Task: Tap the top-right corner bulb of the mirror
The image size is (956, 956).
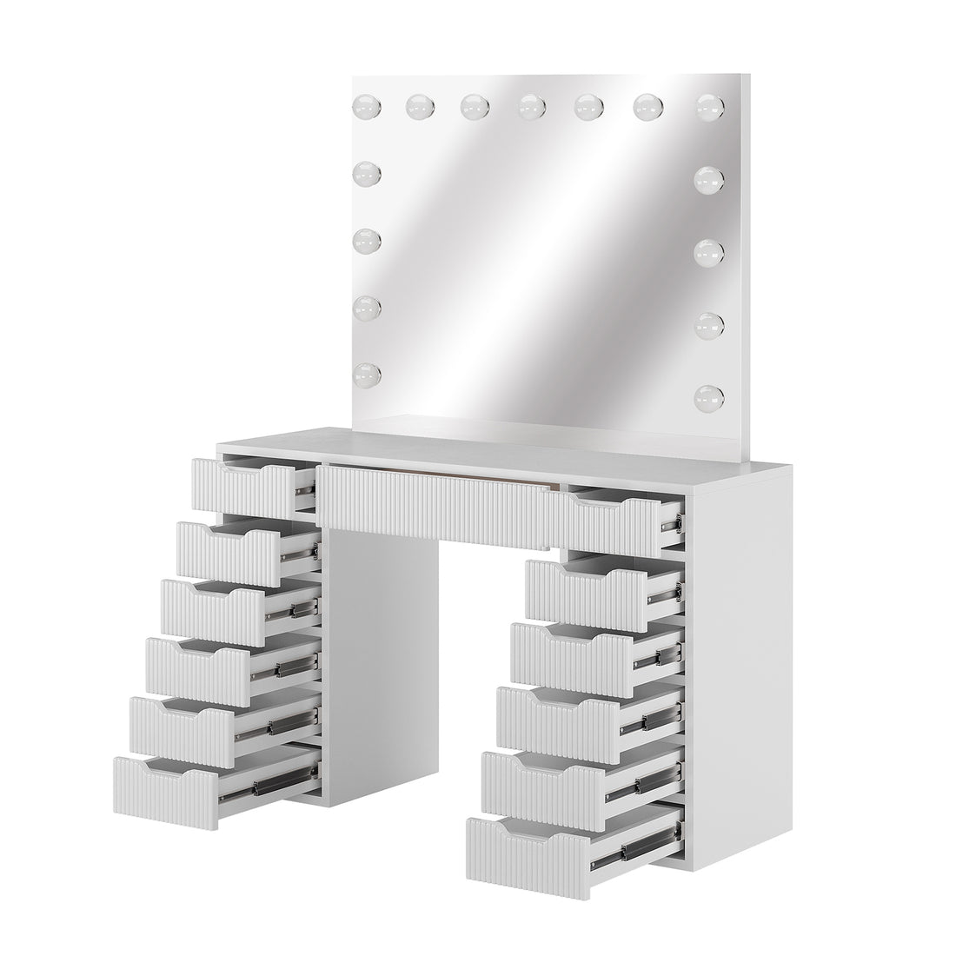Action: [x=710, y=107]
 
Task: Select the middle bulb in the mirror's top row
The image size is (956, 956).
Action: [x=530, y=107]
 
